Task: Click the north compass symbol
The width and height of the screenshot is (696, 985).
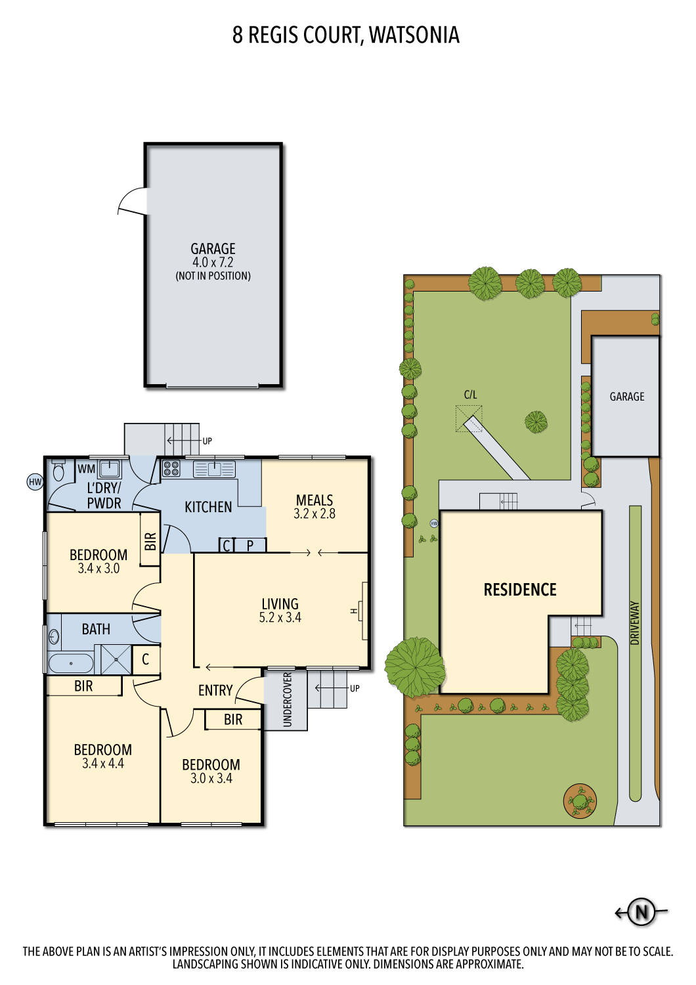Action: coord(642,911)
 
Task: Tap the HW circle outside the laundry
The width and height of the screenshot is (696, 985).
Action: coord(35,482)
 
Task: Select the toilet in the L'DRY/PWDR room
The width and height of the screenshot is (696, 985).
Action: coord(58,470)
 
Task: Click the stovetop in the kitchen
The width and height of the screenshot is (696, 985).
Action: coord(171,468)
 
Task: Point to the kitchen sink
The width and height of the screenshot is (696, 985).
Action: coord(214,469)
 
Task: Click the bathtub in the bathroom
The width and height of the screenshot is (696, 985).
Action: coord(71,663)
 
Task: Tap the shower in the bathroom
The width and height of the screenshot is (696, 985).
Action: coord(113,659)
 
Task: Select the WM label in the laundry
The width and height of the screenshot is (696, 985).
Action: coord(86,469)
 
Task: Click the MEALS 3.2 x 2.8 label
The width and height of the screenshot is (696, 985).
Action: coord(315,507)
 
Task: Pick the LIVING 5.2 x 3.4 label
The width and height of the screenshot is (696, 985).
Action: coord(280,610)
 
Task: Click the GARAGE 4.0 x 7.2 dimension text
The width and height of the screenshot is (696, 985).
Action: coord(213,262)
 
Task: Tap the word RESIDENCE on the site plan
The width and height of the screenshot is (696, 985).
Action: coord(520,590)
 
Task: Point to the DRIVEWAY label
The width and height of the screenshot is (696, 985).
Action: coord(634,623)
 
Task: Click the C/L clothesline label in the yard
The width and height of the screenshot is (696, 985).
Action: coord(470,395)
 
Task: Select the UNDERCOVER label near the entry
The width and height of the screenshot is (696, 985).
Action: coord(287,700)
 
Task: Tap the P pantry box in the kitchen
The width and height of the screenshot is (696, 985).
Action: coord(250,545)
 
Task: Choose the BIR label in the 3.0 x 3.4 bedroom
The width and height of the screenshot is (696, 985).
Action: coord(233,720)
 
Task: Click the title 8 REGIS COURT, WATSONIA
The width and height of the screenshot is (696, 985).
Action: coord(346,35)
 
